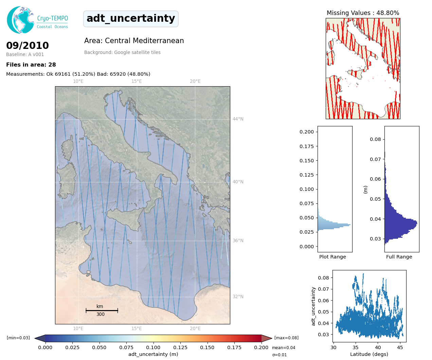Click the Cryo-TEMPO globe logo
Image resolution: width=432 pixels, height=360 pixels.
point(20,20)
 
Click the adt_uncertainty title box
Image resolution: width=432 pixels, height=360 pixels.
point(131,19)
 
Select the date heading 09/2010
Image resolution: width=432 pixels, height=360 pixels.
point(28,46)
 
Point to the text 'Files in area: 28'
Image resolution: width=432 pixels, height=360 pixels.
point(31,65)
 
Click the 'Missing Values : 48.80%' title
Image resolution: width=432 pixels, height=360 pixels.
point(363,13)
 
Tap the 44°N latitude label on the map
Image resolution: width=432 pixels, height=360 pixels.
point(238,119)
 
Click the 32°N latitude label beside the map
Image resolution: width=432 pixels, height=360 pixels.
point(238,296)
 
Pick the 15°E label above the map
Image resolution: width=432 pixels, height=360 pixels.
point(137,82)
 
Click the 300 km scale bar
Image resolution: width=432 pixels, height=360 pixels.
point(102,310)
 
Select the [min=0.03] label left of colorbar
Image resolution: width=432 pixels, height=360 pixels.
point(18,338)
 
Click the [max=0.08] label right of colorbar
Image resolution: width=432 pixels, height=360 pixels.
point(286,338)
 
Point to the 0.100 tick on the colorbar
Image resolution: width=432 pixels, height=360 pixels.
point(153,347)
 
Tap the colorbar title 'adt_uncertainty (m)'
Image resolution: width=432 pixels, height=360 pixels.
point(153,354)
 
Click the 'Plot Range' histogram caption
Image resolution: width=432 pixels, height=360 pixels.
point(332,257)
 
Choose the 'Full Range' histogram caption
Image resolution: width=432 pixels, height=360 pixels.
point(399,257)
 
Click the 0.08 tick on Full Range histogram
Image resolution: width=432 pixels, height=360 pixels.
point(375,139)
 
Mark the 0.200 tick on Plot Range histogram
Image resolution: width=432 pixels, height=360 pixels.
point(307,132)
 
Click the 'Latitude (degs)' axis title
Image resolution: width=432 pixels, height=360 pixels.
point(369,354)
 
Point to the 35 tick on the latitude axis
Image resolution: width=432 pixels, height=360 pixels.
point(356,347)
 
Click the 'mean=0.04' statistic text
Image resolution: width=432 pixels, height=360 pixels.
point(284,348)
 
